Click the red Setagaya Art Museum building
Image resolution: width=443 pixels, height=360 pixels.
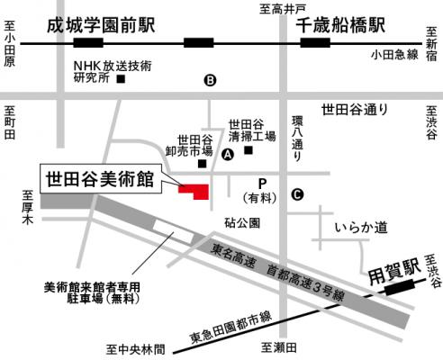[195, 190]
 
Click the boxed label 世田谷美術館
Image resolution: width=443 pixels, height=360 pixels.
[99, 177]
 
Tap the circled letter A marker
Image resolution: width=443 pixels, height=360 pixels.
[228, 155]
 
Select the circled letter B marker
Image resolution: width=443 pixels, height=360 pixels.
[211, 80]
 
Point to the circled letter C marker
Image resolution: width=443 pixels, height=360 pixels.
[297, 193]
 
